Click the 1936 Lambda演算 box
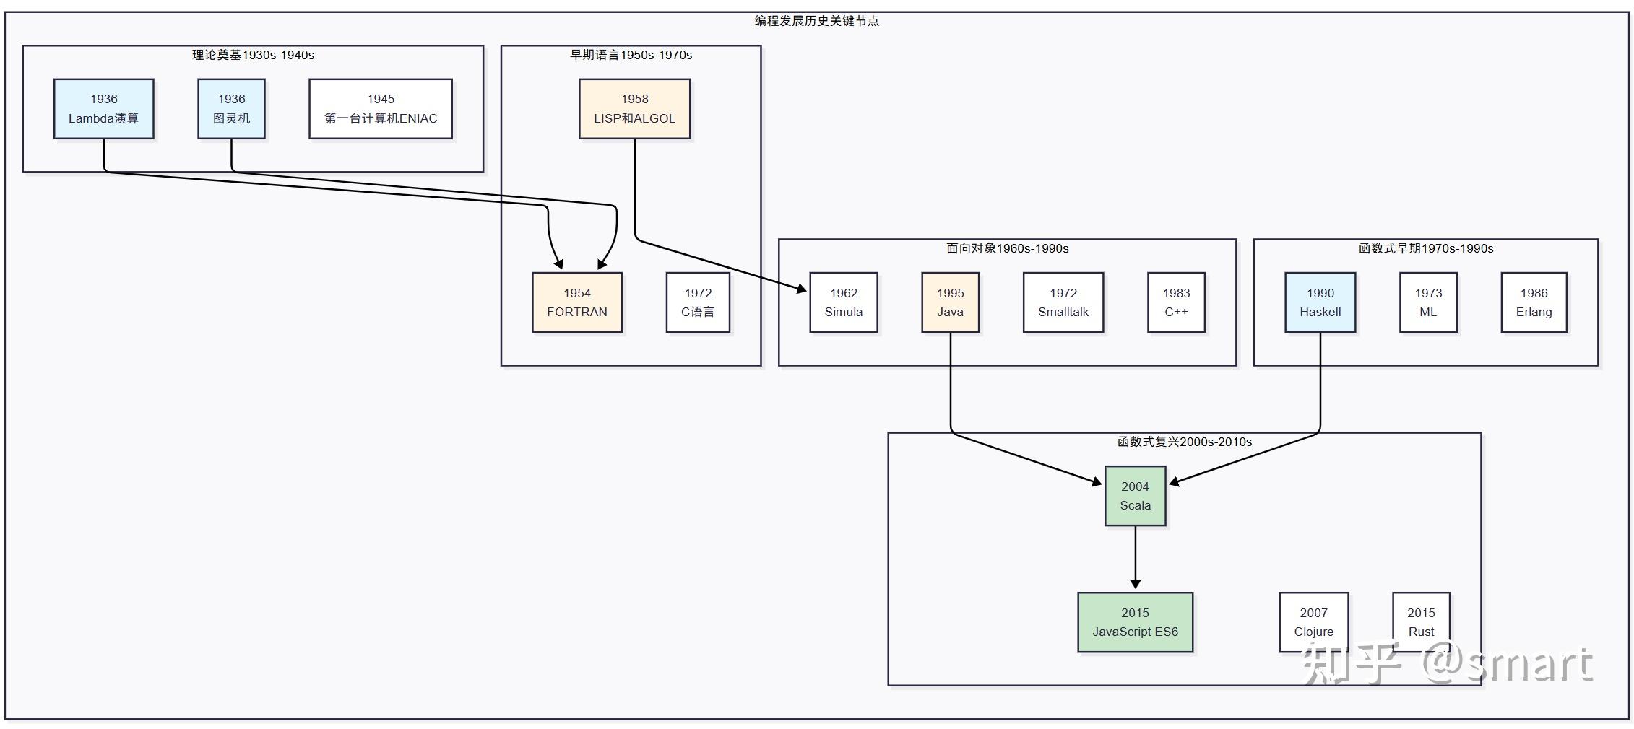(104, 109)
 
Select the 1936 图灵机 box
(232, 109)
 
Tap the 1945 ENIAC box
(381, 109)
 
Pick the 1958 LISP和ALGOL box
(635, 109)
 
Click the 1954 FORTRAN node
(577, 302)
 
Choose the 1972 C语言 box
(698, 302)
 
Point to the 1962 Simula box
(844, 302)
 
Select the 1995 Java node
(951, 302)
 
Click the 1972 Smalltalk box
(1063, 302)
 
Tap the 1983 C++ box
(1176, 302)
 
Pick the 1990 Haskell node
(1320, 302)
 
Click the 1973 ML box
(1428, 302)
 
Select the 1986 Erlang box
(1534, 302)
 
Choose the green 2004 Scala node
(1136, 496)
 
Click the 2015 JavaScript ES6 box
(1136, 622)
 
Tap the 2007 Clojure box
(1314, 622)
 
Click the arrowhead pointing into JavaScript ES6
(1136, 584)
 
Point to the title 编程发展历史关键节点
(817, 21)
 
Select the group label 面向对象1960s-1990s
(1008, 248)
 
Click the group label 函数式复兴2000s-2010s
(1185, 442)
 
